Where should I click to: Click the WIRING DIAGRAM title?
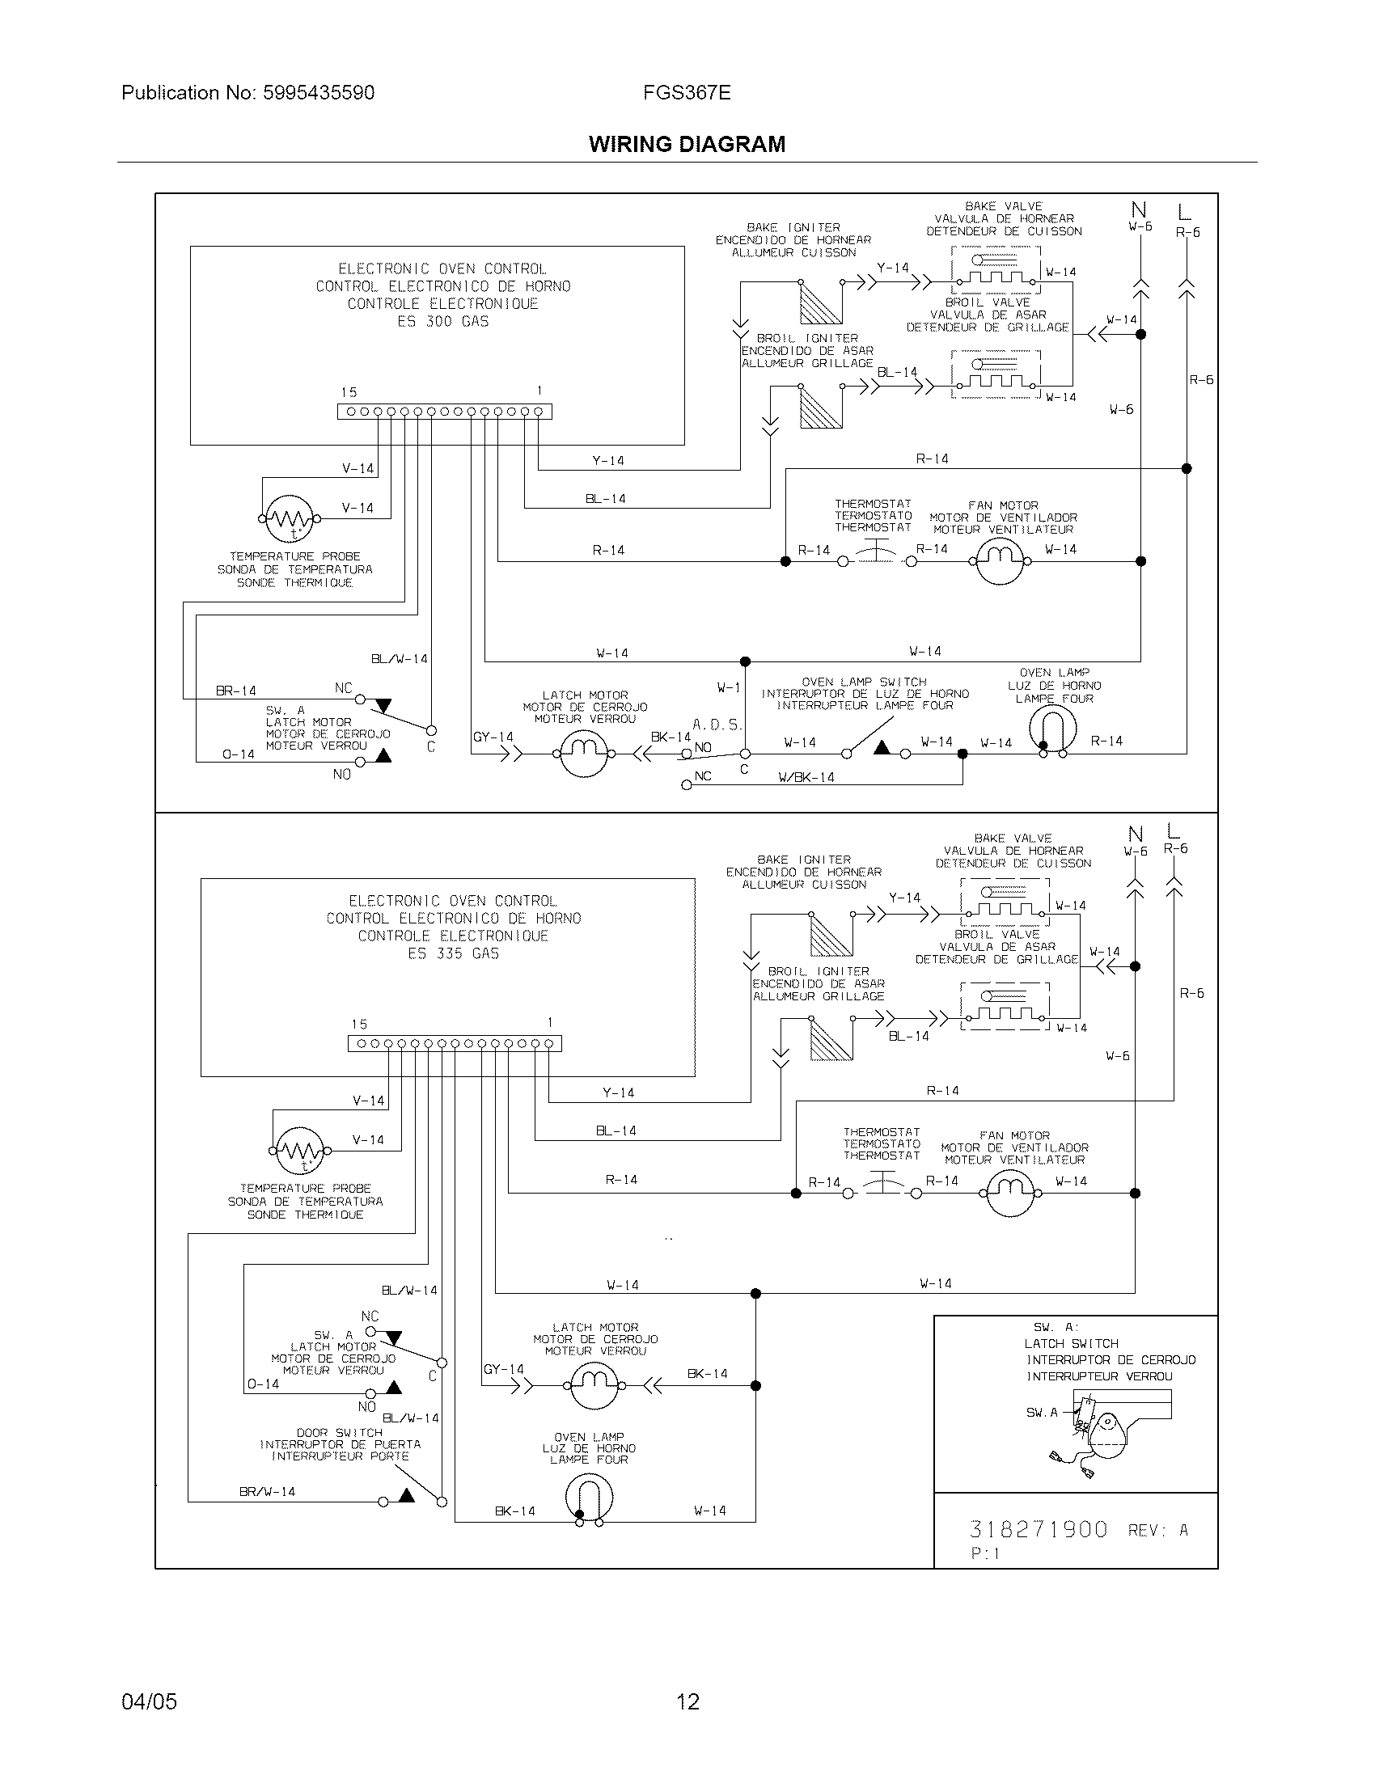point(687,144)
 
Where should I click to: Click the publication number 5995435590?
point(318,93)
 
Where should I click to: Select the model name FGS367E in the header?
point(687,93)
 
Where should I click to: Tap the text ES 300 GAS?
point(442,322)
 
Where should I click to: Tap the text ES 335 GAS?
point(453,953)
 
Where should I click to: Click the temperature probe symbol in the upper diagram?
point(283,518)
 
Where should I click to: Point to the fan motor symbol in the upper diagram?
point(1000,560)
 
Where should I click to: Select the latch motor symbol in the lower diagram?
point(594,1385)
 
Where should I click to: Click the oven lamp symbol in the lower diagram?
point(589,1497)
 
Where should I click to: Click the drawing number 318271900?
point(1039,1529)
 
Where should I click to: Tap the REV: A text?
point(1157,1531)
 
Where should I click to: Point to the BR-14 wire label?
point(235,691)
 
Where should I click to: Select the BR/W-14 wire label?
point(267,1491)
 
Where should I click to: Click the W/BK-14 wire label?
point(806,777)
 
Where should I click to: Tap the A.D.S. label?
point(717,725)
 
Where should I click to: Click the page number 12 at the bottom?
point(687,1701)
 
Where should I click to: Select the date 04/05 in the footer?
point(149,1701)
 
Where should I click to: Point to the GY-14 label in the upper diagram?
point(493,737)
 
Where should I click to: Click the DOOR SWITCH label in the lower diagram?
point(339,1432)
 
